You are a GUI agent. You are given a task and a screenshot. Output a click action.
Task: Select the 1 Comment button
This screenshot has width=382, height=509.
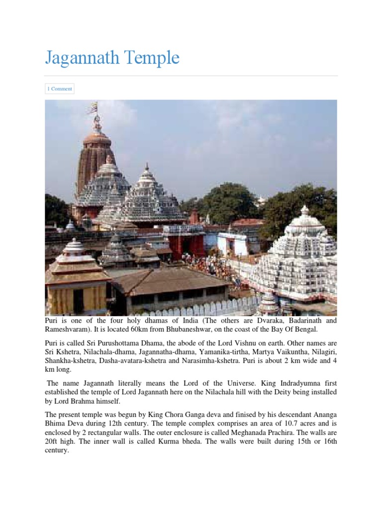[60, 89]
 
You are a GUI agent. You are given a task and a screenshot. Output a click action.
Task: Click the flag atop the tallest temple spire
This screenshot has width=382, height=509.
[93, 107]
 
